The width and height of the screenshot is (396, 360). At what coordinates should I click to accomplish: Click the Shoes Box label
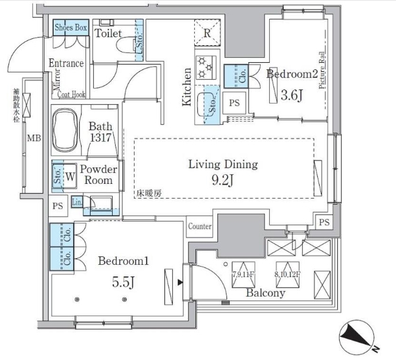point(71,28)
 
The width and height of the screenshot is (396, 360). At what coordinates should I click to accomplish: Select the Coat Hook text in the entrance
point(72,94)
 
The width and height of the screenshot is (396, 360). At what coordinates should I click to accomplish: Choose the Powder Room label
point(100,175)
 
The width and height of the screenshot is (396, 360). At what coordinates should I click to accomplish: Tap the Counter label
point(201,227)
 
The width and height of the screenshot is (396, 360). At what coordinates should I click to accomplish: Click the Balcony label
point(265,293)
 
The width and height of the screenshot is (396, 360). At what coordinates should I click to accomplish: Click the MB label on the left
point(31,138)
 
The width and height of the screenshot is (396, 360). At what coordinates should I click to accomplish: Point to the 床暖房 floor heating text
point(148,192)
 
